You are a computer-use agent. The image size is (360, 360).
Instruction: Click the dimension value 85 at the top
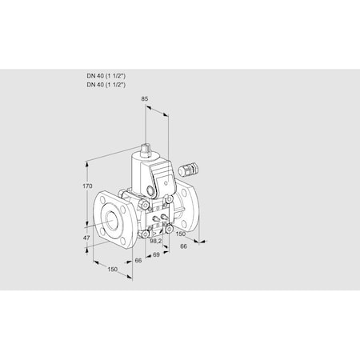pyautogui.click(x=145, y=99)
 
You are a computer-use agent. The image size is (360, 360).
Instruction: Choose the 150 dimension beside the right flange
pyautogui.click(x=181, y=234)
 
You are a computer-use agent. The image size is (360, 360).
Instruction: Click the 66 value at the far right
pyautogui.click(x=184, y=246)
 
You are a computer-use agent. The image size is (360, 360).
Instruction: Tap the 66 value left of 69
pyautogui.click(x=138, y=261)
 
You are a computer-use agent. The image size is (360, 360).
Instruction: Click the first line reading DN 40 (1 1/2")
pyautogui.click(x=107, y=74)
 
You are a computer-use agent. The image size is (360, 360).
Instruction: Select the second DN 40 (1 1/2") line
pyautogui.click(x=107, y=83)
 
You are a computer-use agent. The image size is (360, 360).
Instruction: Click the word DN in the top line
pyautogui.click(x=92, y=74)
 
